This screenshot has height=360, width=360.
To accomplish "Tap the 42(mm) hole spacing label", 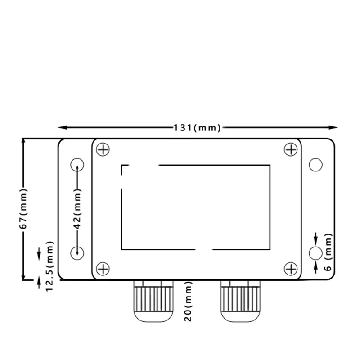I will tap(77, 210).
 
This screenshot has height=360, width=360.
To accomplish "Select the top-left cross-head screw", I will tap(103, 149).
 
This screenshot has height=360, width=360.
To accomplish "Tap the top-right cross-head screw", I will tap(291, 149).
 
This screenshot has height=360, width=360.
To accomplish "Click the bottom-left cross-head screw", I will tap(103, 269).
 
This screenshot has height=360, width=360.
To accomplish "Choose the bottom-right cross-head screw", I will tap(291, 269).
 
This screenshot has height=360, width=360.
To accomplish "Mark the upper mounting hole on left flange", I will tap(77, 164).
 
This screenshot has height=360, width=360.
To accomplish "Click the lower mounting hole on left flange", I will tap(77, 252).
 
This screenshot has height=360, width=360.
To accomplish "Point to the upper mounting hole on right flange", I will tap(316, 165).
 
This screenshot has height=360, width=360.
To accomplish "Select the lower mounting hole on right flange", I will tap(316, 253).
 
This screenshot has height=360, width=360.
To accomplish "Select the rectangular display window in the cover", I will tap(196, 207).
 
